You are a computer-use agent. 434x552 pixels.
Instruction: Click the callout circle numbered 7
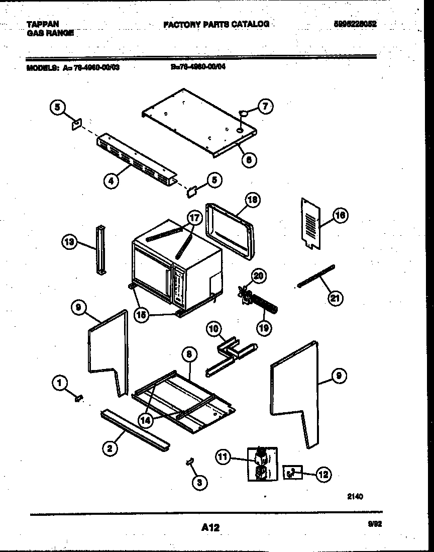tap(266, 106)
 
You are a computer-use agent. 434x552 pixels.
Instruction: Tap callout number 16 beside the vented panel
tap(340, 216)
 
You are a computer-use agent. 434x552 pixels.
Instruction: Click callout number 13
tap(69, 242)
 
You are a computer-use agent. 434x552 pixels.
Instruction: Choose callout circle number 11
tap(224, 456)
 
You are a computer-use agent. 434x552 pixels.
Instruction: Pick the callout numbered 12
tap(324, 474)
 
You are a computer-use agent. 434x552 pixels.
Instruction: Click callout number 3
tap(199, 483)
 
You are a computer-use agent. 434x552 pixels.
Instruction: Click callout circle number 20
tap(259, 275)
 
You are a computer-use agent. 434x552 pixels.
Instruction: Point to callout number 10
tap(213, 329)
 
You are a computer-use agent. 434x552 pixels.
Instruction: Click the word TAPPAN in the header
tap(42, 24)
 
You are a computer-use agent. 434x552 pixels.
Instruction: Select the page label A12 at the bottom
tap(210, 527)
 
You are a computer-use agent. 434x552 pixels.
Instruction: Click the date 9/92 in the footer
tap(374, 523)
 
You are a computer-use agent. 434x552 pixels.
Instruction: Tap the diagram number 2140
tap(355, 496)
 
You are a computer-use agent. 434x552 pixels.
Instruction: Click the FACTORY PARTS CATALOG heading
tap(216, 24)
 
